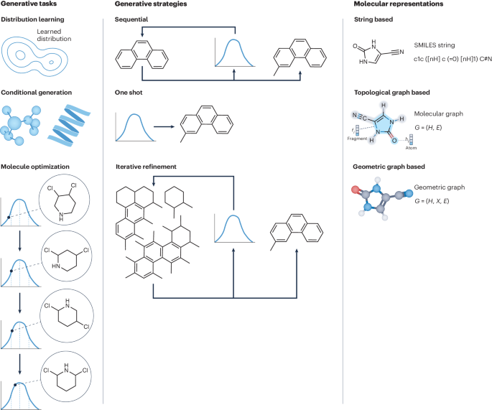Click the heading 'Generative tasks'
[x=27, y=5]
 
